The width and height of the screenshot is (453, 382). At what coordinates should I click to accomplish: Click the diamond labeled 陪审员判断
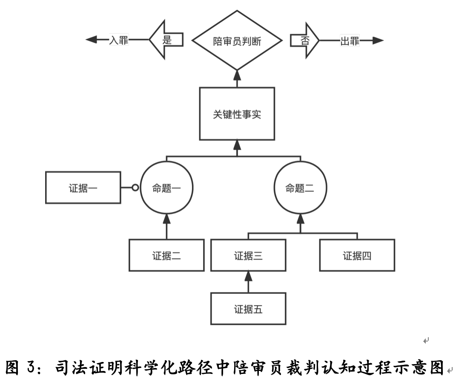[237, 41]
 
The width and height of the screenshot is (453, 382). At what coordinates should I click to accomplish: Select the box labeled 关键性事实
[237, 114]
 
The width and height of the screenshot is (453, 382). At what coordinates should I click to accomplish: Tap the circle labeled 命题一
[166, 188]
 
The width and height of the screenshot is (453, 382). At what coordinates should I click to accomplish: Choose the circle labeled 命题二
[300, 188]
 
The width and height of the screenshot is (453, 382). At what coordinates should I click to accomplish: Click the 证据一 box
[83, 188]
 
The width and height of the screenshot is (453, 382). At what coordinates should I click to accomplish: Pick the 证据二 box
[166, 255]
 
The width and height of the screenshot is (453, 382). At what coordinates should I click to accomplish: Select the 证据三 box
[248, 255]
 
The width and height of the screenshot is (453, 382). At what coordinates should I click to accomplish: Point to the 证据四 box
[357, 255]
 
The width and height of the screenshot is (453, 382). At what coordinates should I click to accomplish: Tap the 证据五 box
[248, 309]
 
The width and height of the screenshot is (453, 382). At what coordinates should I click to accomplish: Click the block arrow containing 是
[166, 41]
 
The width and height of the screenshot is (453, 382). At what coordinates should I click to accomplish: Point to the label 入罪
[118, 41]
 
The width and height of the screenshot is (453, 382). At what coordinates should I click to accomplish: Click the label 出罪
[350, 41]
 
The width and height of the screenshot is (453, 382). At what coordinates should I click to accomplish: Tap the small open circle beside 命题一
[135, 188]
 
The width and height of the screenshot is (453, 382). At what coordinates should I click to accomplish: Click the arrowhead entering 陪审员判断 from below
[237, 75]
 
